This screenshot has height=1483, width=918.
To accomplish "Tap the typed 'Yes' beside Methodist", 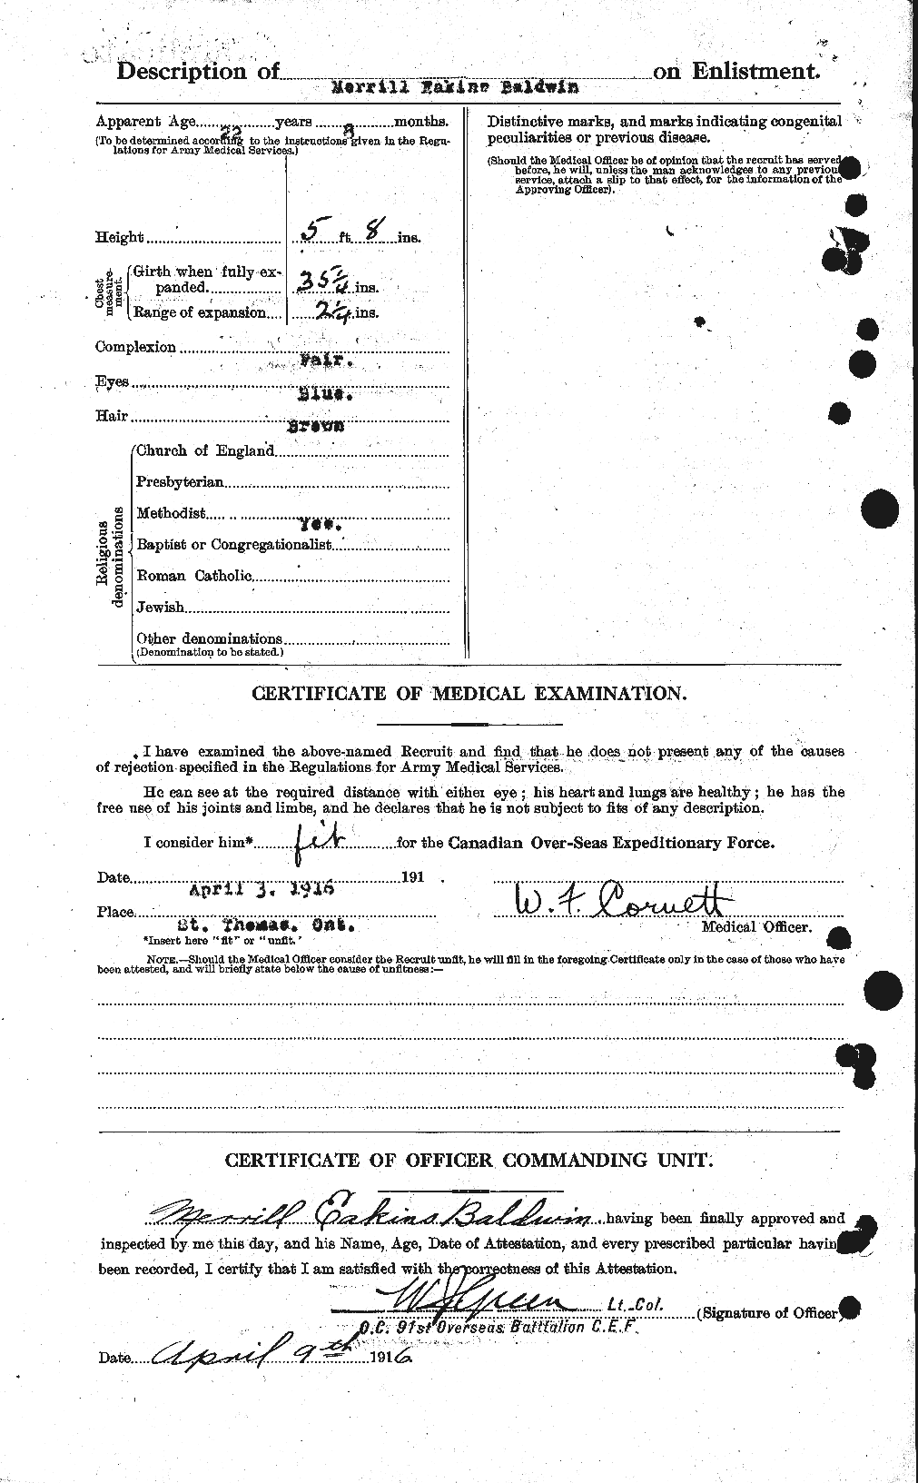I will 323,526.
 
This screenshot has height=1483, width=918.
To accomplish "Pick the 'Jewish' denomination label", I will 160,608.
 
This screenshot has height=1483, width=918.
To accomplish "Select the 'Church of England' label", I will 205,450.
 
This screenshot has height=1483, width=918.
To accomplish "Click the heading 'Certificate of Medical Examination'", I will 469,693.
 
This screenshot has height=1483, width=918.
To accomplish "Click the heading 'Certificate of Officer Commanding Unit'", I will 469,1160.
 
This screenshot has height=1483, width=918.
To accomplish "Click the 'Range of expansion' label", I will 200,312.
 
